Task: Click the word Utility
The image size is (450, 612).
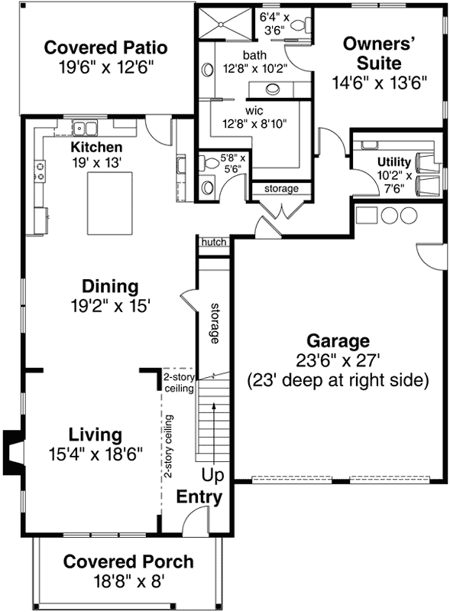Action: point(393,162)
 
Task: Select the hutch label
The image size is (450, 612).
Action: point(214,242)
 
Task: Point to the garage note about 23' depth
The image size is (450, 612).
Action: point(338,379)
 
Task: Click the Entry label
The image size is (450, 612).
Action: point(199,497)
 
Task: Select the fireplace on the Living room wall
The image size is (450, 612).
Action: point(13,451)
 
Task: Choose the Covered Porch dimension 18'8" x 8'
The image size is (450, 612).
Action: point(128,581)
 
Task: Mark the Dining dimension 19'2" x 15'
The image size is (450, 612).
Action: point(110,306)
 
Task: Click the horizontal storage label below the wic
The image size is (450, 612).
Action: point(281,188)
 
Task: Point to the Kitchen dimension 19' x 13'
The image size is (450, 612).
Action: point(96,163)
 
